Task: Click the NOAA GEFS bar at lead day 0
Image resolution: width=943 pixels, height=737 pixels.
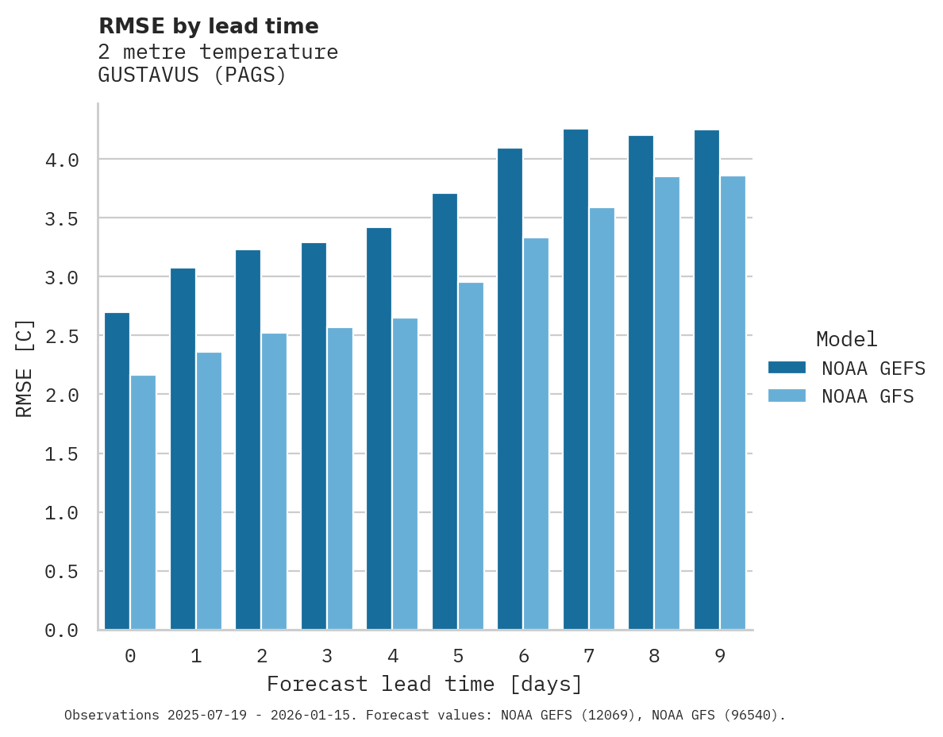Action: point(117,471)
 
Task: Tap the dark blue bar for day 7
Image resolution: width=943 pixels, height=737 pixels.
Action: point(575,379)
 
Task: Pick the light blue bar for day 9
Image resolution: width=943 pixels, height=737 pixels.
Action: point(733,403)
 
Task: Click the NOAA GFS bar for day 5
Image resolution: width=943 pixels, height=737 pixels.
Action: point(471,456)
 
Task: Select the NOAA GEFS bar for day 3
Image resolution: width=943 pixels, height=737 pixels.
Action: point(314,436)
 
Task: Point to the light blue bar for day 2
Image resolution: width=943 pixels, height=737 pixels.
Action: point(274,481)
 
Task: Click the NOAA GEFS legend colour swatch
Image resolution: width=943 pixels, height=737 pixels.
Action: point(787,368)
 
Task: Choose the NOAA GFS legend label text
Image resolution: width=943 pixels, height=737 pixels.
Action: point(868,396)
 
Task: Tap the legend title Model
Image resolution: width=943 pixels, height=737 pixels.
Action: point(846,339)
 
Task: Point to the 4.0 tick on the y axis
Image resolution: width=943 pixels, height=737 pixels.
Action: point(62,160)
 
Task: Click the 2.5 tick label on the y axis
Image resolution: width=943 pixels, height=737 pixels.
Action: point(62,337)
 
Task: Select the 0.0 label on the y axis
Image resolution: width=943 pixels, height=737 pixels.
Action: point(62,631)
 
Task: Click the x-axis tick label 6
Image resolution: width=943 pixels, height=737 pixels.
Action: point(524,656)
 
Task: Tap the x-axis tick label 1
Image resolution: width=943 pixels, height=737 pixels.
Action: point(196,656)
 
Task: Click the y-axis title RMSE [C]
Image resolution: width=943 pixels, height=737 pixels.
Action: point(25,368)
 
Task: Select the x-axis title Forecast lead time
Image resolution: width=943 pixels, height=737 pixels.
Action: point(425,684)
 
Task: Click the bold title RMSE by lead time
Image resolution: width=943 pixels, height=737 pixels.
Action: point(208,26)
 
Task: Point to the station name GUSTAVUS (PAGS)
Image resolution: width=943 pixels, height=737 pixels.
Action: point(191,75)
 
